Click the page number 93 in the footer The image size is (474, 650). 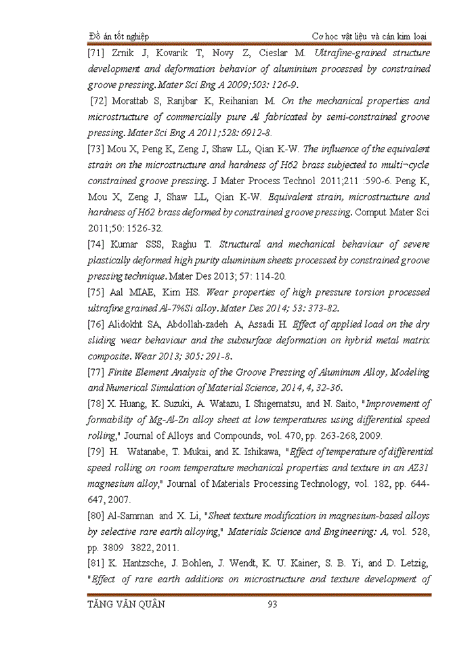pos(273,605)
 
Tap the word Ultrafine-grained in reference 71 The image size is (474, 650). pos(342,52)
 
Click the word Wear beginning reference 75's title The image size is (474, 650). pos(219,292)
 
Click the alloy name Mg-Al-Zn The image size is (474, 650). pos(172,420)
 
